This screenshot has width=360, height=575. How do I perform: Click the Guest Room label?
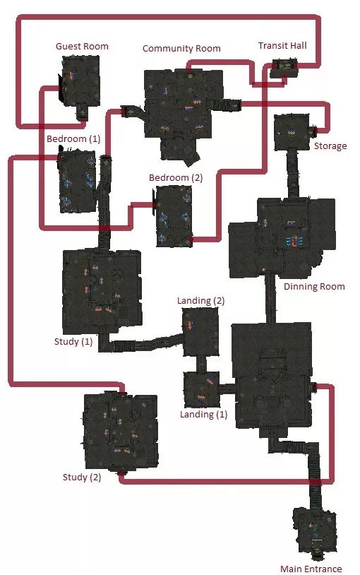pos(82,46)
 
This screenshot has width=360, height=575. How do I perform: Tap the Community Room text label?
pos(181,49)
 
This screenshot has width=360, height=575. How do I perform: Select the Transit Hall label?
pos(282,45)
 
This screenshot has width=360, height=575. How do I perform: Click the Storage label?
pos(330,146)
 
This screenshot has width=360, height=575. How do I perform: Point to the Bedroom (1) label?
pos(73,139)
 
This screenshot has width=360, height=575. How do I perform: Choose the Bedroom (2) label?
pos(176,178)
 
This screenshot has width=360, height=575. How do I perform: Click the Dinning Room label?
pos(314,286)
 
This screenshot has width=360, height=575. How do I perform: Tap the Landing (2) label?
pos(200,301)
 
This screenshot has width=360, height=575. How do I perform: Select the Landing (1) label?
pos(203,415)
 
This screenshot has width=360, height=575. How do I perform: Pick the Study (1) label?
pos(73,341)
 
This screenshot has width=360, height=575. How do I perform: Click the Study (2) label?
pos(82,477)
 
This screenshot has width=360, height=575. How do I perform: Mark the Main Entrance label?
pos(311,569)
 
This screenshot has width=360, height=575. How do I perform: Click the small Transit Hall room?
pos(284,69)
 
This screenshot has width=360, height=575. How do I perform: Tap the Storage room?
pos(292,132)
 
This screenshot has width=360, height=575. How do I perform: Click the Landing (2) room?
pos(200,332)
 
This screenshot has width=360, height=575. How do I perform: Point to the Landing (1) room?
pos(201,389)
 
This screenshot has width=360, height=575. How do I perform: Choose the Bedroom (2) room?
pos(174,216)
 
